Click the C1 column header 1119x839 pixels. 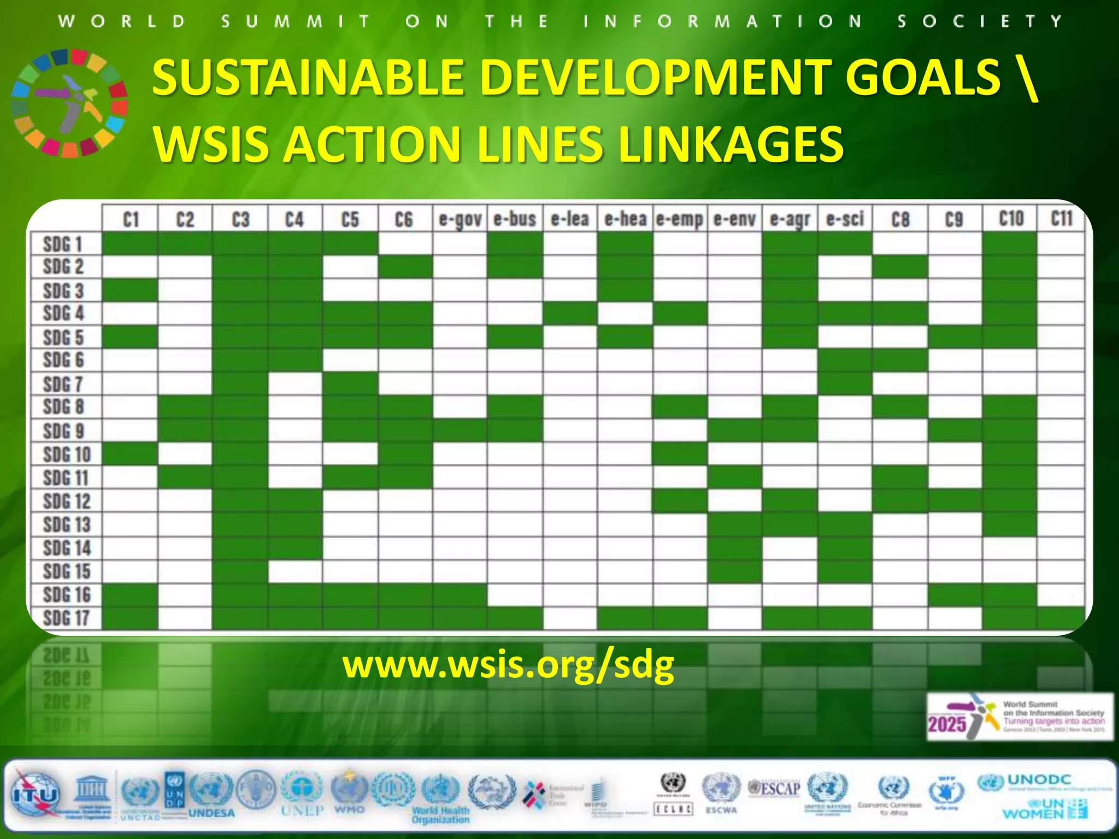(x=131, y=220)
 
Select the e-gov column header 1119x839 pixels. (x=460, y=220)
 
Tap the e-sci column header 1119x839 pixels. (x=845, y=220)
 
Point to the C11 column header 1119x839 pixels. (x=1062, y=218)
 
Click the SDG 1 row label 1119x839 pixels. (x=63, y=244)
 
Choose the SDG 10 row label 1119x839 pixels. (x=67, y=454)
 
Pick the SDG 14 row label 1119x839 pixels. (x=67, y=548)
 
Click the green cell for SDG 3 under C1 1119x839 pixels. (x=130, y=290)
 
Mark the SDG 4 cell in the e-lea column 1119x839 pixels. (x=570, y=314)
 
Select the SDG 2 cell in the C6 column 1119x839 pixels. (x=405, y=267)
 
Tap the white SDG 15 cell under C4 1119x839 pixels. (x=295, y=571)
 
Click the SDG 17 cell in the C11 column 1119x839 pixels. (x=1061, y=618)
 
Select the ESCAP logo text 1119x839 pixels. (x=775, y=788)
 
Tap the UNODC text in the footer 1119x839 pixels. (x=1039, y=779)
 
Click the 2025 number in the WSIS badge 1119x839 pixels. (x=947, y=725)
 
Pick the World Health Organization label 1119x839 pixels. (x=440, y=815)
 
